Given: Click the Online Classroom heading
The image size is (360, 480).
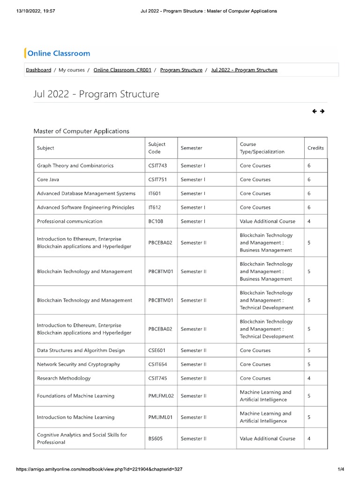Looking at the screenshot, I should (x=59, y=53).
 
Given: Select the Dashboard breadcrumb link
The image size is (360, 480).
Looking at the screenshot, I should (x=38, y=70).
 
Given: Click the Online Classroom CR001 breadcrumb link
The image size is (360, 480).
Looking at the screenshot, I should (x=122, y=70).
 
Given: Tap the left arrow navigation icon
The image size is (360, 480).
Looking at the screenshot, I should (x=314, y=111).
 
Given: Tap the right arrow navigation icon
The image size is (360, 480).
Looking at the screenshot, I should (x=322, y=111).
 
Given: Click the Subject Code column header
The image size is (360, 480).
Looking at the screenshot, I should (x=157, y=148).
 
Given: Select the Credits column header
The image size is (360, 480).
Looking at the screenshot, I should (x=315, y=148).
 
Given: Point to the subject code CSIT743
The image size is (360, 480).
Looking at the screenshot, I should (x=157, y=165).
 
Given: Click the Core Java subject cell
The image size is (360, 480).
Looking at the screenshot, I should (x=48, y=180).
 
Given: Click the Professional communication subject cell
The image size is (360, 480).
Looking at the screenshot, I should (x=69, y=221).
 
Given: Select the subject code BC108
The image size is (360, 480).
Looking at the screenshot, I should (x=156, y=221).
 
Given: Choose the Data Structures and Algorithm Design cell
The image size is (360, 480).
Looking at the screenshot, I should (x=81, y=350).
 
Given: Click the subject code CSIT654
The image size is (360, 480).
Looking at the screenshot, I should (x=157, y=364).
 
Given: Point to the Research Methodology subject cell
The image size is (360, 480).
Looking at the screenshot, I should (x=64, y=378).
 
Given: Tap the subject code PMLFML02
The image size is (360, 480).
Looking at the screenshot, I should (x=161, y=396).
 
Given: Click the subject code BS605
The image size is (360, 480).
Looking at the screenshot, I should (x=156, y=439).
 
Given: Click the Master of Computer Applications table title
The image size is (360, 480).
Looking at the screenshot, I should (x=81, y=131).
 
